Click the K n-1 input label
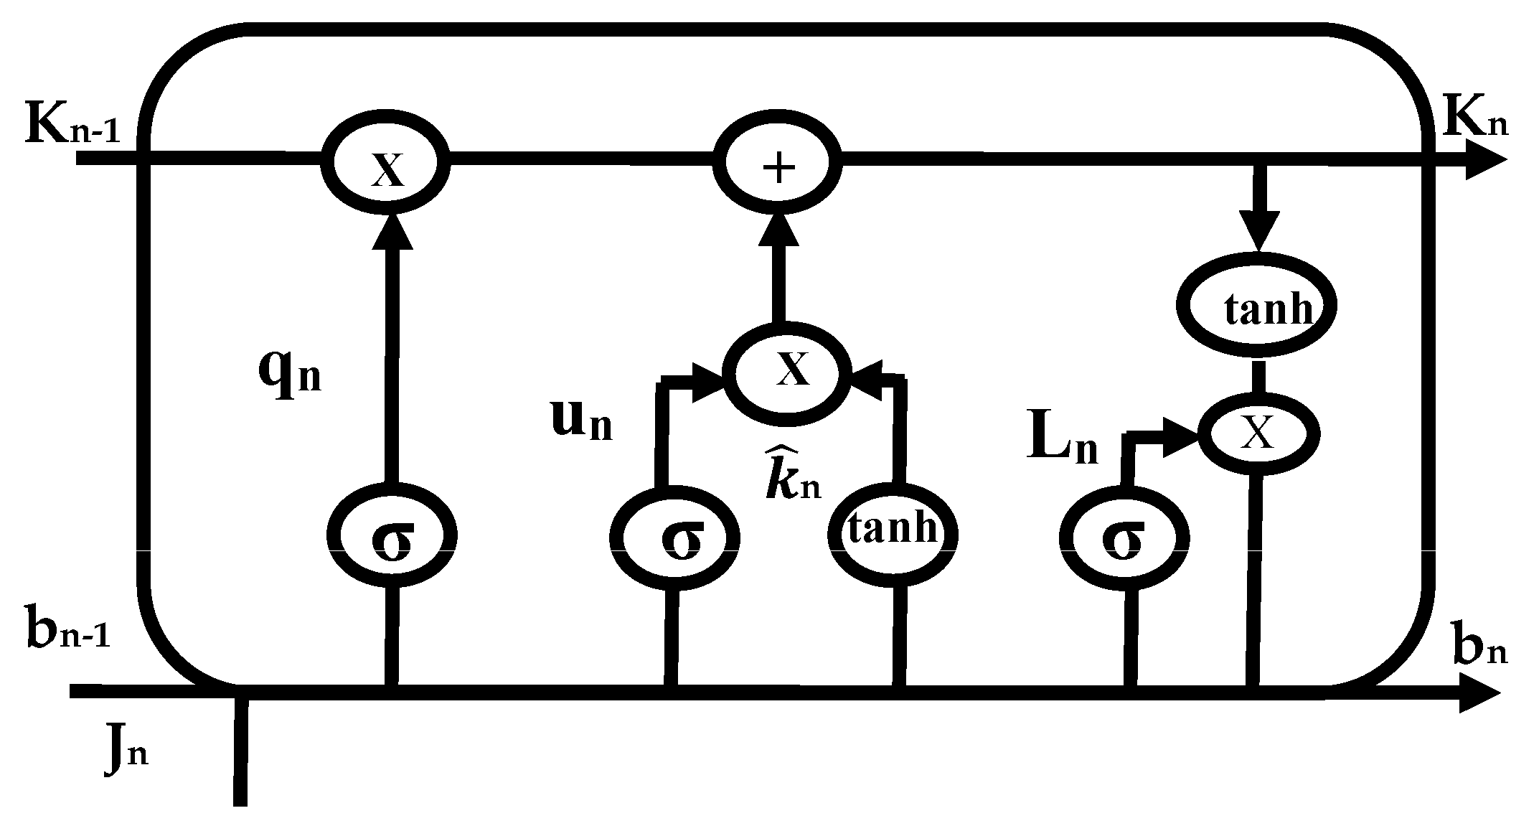72,123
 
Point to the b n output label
1479,646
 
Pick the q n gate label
289,372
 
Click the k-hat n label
791,474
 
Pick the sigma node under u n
674,538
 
